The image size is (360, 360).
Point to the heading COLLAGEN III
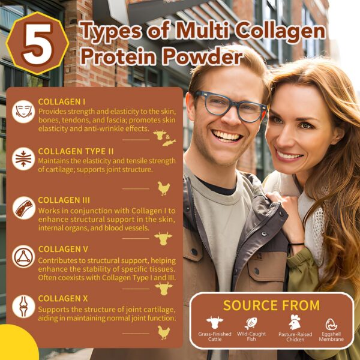64,200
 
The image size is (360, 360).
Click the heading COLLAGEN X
62,298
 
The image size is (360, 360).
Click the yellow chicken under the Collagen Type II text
163,188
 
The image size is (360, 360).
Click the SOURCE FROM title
271,305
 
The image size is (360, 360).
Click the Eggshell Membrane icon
331,324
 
